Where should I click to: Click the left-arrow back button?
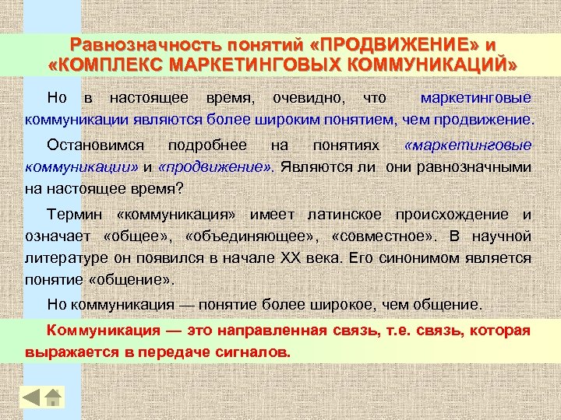point(31,397)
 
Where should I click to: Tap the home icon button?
point(53,397)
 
